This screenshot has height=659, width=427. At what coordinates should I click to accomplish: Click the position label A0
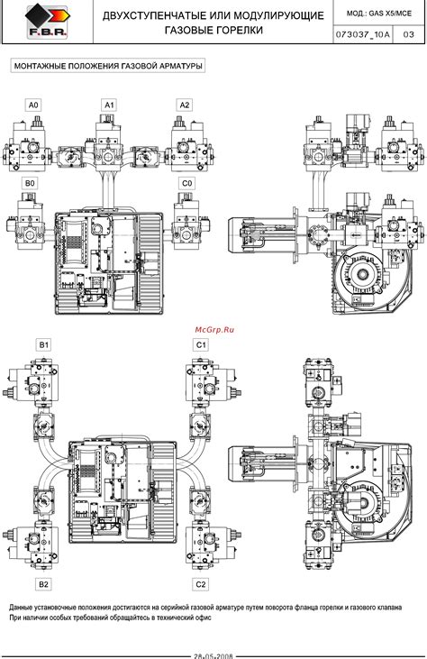(32, 105)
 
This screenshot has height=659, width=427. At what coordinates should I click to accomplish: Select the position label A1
(108, 105)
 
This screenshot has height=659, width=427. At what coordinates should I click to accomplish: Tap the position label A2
(185, 105)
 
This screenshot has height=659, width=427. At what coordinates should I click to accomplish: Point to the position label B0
(30, 183)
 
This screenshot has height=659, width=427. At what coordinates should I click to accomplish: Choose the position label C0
(187, 183)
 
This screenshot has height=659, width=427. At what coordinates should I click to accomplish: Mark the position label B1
(43, 344)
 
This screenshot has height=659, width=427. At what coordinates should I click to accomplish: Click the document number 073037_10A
(363, 34)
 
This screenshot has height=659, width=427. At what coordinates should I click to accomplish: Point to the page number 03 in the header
(409, 34)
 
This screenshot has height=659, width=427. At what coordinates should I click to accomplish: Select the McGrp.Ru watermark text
(213, 331)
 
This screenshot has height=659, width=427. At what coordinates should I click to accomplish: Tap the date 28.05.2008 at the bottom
(213, 654)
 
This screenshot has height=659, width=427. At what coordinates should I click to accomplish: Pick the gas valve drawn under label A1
(109, 142)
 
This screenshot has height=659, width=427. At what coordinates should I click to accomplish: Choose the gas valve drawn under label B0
(30, 219)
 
